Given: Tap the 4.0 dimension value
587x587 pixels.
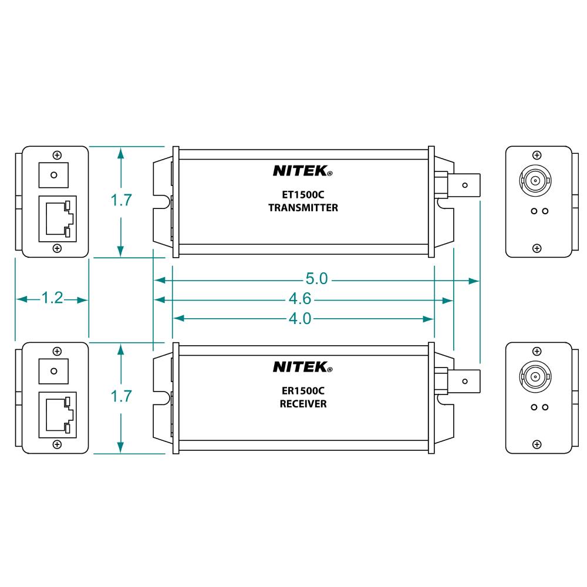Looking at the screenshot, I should point(299,319).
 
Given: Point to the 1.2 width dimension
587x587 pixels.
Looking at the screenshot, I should point(52,299).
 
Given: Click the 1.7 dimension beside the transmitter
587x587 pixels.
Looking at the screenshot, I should point(121,201).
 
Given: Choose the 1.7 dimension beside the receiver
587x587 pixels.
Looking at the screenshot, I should point(121,397).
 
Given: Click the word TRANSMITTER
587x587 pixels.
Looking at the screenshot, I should point(303,208).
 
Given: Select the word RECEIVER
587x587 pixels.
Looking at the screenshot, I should point(303,404).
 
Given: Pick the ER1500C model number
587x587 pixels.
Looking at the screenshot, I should point(303,390).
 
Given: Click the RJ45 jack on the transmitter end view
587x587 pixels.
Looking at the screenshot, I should point(57,219).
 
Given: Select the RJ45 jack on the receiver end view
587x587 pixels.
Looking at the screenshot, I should point(57,415).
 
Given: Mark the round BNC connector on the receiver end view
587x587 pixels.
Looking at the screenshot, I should point(537,375).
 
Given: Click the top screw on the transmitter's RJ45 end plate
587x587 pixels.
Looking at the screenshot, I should point(57,155).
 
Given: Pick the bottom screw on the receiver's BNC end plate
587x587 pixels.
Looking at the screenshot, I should point(537,444).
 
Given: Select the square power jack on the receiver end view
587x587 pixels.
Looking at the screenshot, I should point(53,371).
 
